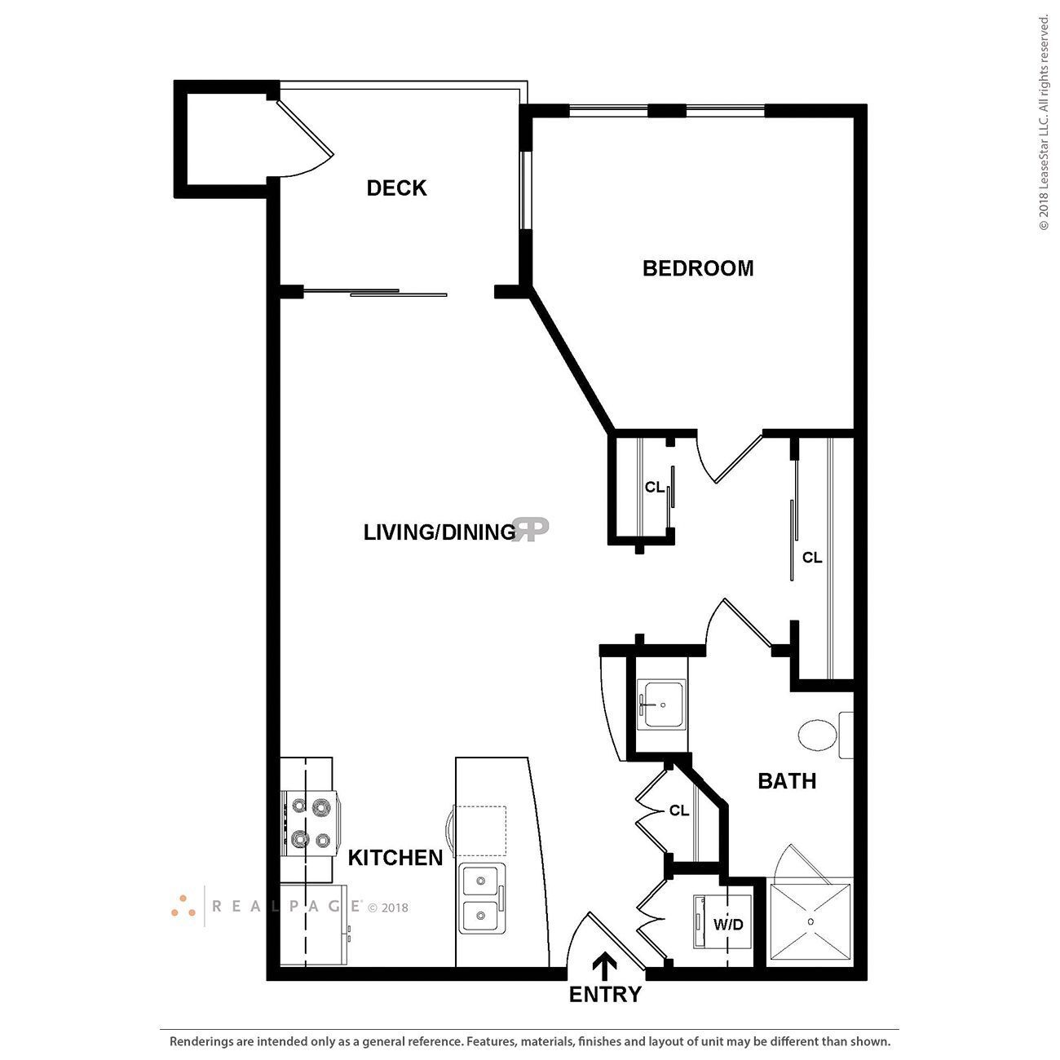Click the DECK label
[x=396, y=188]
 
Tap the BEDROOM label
[x=698, y=268]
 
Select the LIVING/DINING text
[x=439, y=532]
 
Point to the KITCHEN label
[x=395, y=858]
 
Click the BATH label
[x=787, y=781]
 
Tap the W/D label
[x=728, y=925]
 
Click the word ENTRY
[x=605, y=995]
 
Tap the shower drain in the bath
[x=810, y=921]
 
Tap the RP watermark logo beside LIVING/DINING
[x=532, y=529]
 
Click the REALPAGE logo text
[x=287, y=906]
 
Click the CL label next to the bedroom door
[x=655, y=488]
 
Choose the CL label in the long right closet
[x=812, y=558]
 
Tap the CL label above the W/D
[x=679, y=810]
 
